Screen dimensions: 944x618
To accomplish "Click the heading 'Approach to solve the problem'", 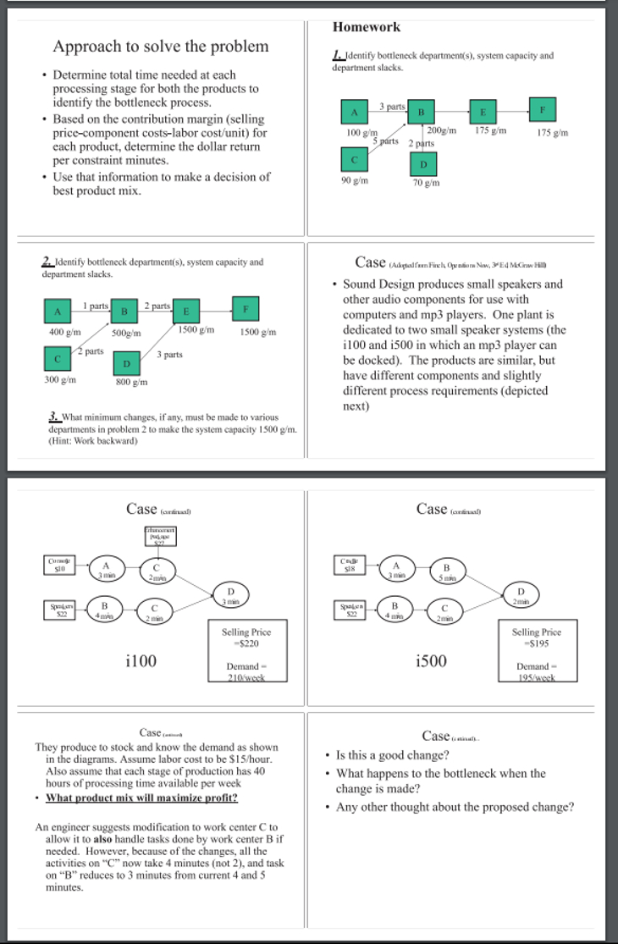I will [161, 46].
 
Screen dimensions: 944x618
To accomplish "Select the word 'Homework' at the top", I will [367, 27].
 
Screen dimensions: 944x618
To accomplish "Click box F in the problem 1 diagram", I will [541, 108].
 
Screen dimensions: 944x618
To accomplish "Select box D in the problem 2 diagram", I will [127, 362].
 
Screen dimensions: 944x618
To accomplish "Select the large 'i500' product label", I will [432, 660].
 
